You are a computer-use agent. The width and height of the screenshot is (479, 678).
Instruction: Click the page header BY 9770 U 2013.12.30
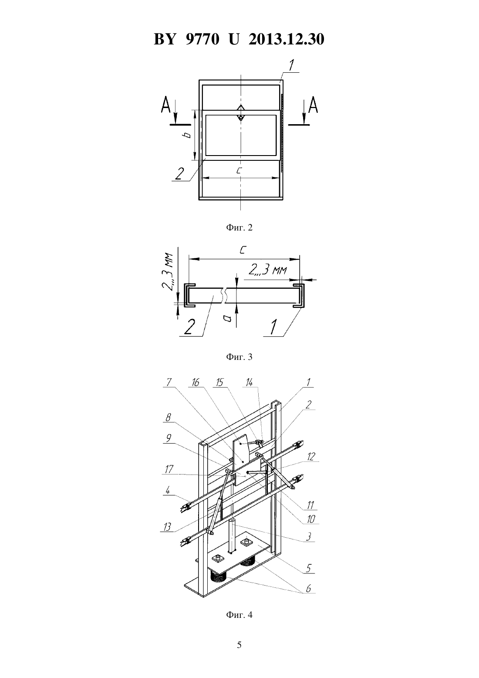[x=239, y=39]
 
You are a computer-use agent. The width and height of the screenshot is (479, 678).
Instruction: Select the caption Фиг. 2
[x=239, y=227]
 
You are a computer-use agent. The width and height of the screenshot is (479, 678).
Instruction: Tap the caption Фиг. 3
[x=239, y=357]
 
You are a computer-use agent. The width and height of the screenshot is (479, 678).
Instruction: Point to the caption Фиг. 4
[x=239, y=621]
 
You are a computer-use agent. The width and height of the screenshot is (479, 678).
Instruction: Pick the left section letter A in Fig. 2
[x=166, y=105]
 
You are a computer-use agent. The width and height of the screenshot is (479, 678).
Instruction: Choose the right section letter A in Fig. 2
[x=313, y=105]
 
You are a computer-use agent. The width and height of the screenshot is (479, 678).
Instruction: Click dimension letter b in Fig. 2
[x=188, y=135]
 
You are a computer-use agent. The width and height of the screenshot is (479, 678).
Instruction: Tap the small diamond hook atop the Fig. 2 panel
[x=240, y=113]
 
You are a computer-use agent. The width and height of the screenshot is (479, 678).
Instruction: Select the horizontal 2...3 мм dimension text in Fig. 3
[x=267, y=270]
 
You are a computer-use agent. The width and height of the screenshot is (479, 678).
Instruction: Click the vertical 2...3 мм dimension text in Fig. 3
[x=167, y=271]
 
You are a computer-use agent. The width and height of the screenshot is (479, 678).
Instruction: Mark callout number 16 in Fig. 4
[x=196, y=383]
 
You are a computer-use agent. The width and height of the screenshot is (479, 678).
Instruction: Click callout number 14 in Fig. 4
[x=249, y=383]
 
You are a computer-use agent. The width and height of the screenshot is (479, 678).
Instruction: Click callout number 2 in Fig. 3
[x=189, y=328]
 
